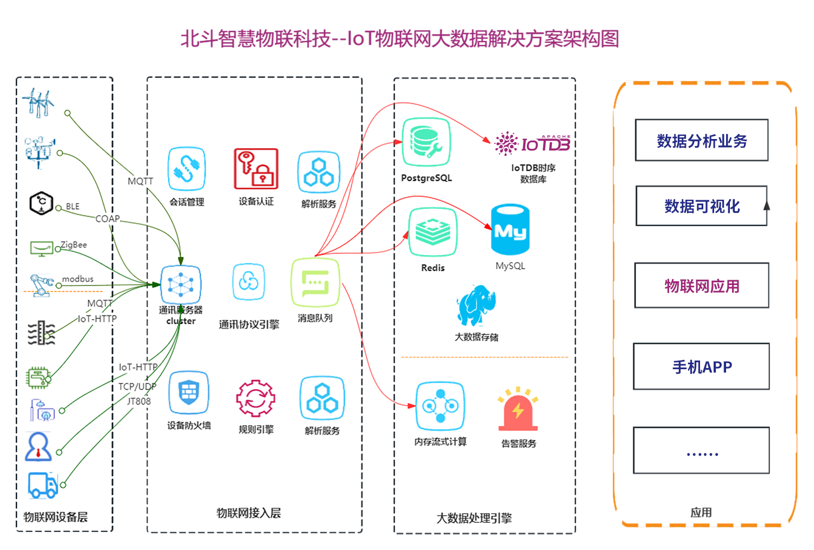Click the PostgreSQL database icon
coord(426,142)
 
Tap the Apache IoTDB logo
coord(532,143)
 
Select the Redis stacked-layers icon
coord(433,232)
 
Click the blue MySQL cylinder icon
coord(510,230)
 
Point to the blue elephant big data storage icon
coord(476,305)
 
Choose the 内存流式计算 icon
coord(440,406)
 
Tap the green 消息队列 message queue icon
coord(315,282)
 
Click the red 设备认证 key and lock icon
coord(256,169)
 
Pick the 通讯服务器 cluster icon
coord(181,285)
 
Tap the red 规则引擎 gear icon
coord(256,399)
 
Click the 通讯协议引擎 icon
coord(249,282)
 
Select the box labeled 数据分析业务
coord(702,141)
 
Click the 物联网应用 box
coord(702,286)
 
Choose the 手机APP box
coord(702,366)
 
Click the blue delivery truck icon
coord(43,485)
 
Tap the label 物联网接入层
coord(249,513)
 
